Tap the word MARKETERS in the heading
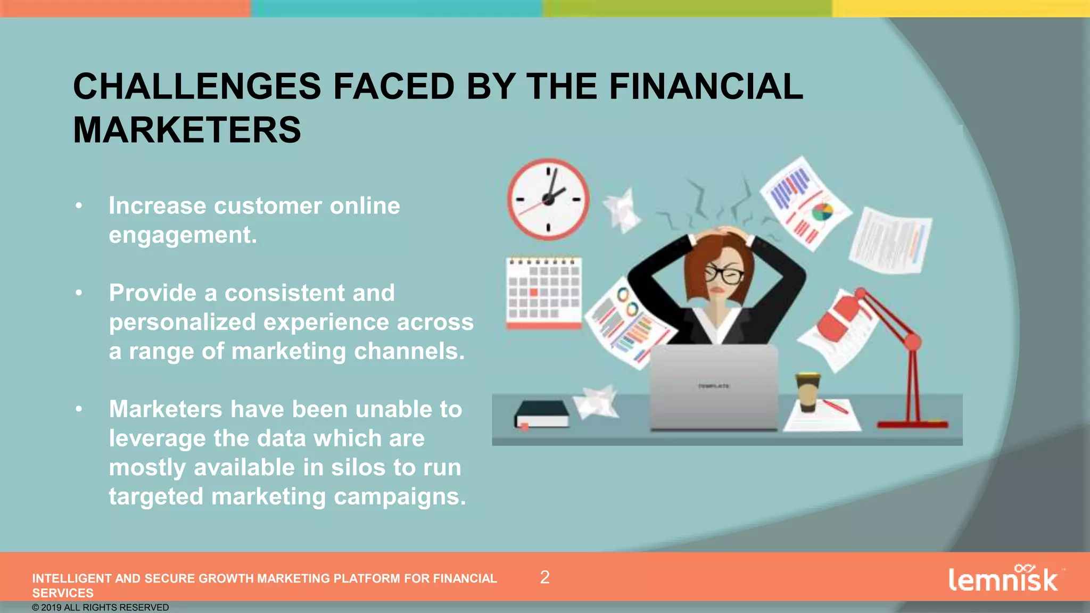[187, 130]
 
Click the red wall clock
[548, 199]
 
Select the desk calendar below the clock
[543, 292]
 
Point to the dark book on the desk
[542, 414]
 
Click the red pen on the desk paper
[835, 407]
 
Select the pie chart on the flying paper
[822, 212]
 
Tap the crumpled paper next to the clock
[622, 209]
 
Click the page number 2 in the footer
[544, 577]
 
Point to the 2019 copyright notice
[101, 608]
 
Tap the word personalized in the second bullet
[182, 322]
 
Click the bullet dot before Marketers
[79, 409]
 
